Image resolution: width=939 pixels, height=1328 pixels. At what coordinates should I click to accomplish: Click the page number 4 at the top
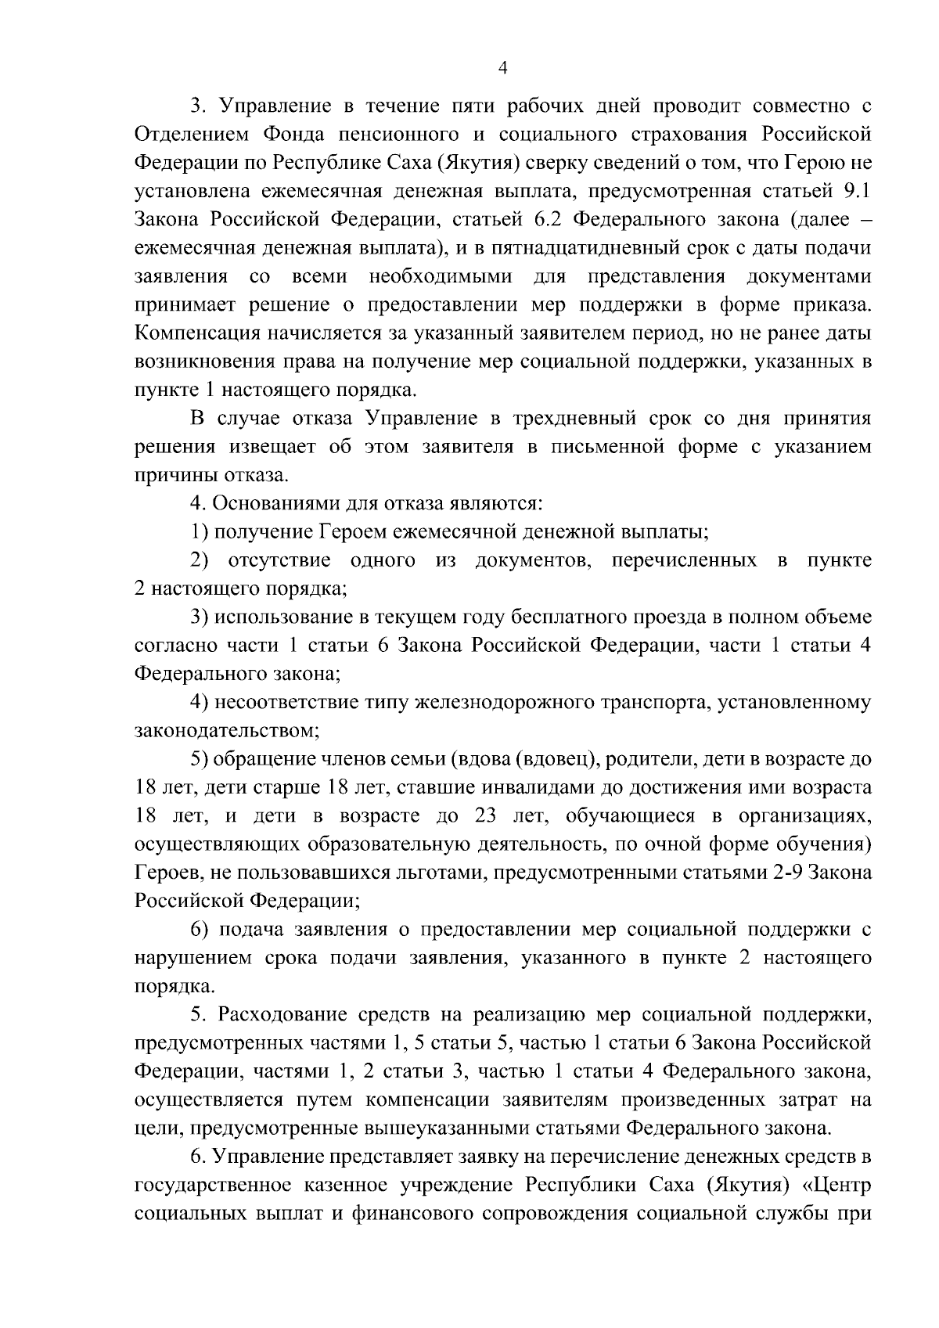tap(503, 69)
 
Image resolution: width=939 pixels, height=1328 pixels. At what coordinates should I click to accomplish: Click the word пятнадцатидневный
tap(596, 248)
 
